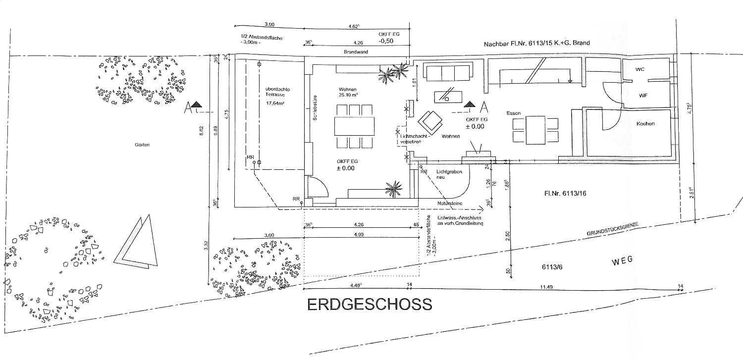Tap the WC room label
click(639, 69)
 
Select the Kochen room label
click(645, 123)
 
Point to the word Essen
click(513, 113)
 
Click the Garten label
click(142, 145)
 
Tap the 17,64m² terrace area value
click(274, 103)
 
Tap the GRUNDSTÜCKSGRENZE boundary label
click(613, 229)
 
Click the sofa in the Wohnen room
click(448, 73)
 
